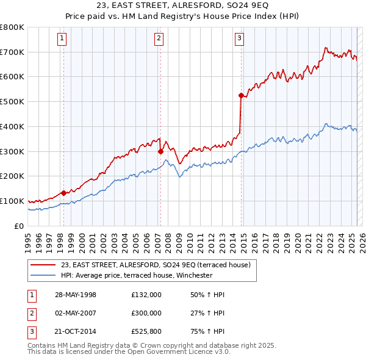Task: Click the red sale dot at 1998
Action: pos(63,193)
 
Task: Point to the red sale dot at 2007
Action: pos(160,151)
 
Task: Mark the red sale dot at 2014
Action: pos(241,95)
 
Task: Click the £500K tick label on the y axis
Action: pos(12,102)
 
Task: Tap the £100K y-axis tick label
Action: pos(12,201)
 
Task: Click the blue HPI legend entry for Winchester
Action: pos(136,275)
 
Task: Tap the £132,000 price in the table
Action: pos(146,295)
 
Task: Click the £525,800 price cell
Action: pos(146,331)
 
